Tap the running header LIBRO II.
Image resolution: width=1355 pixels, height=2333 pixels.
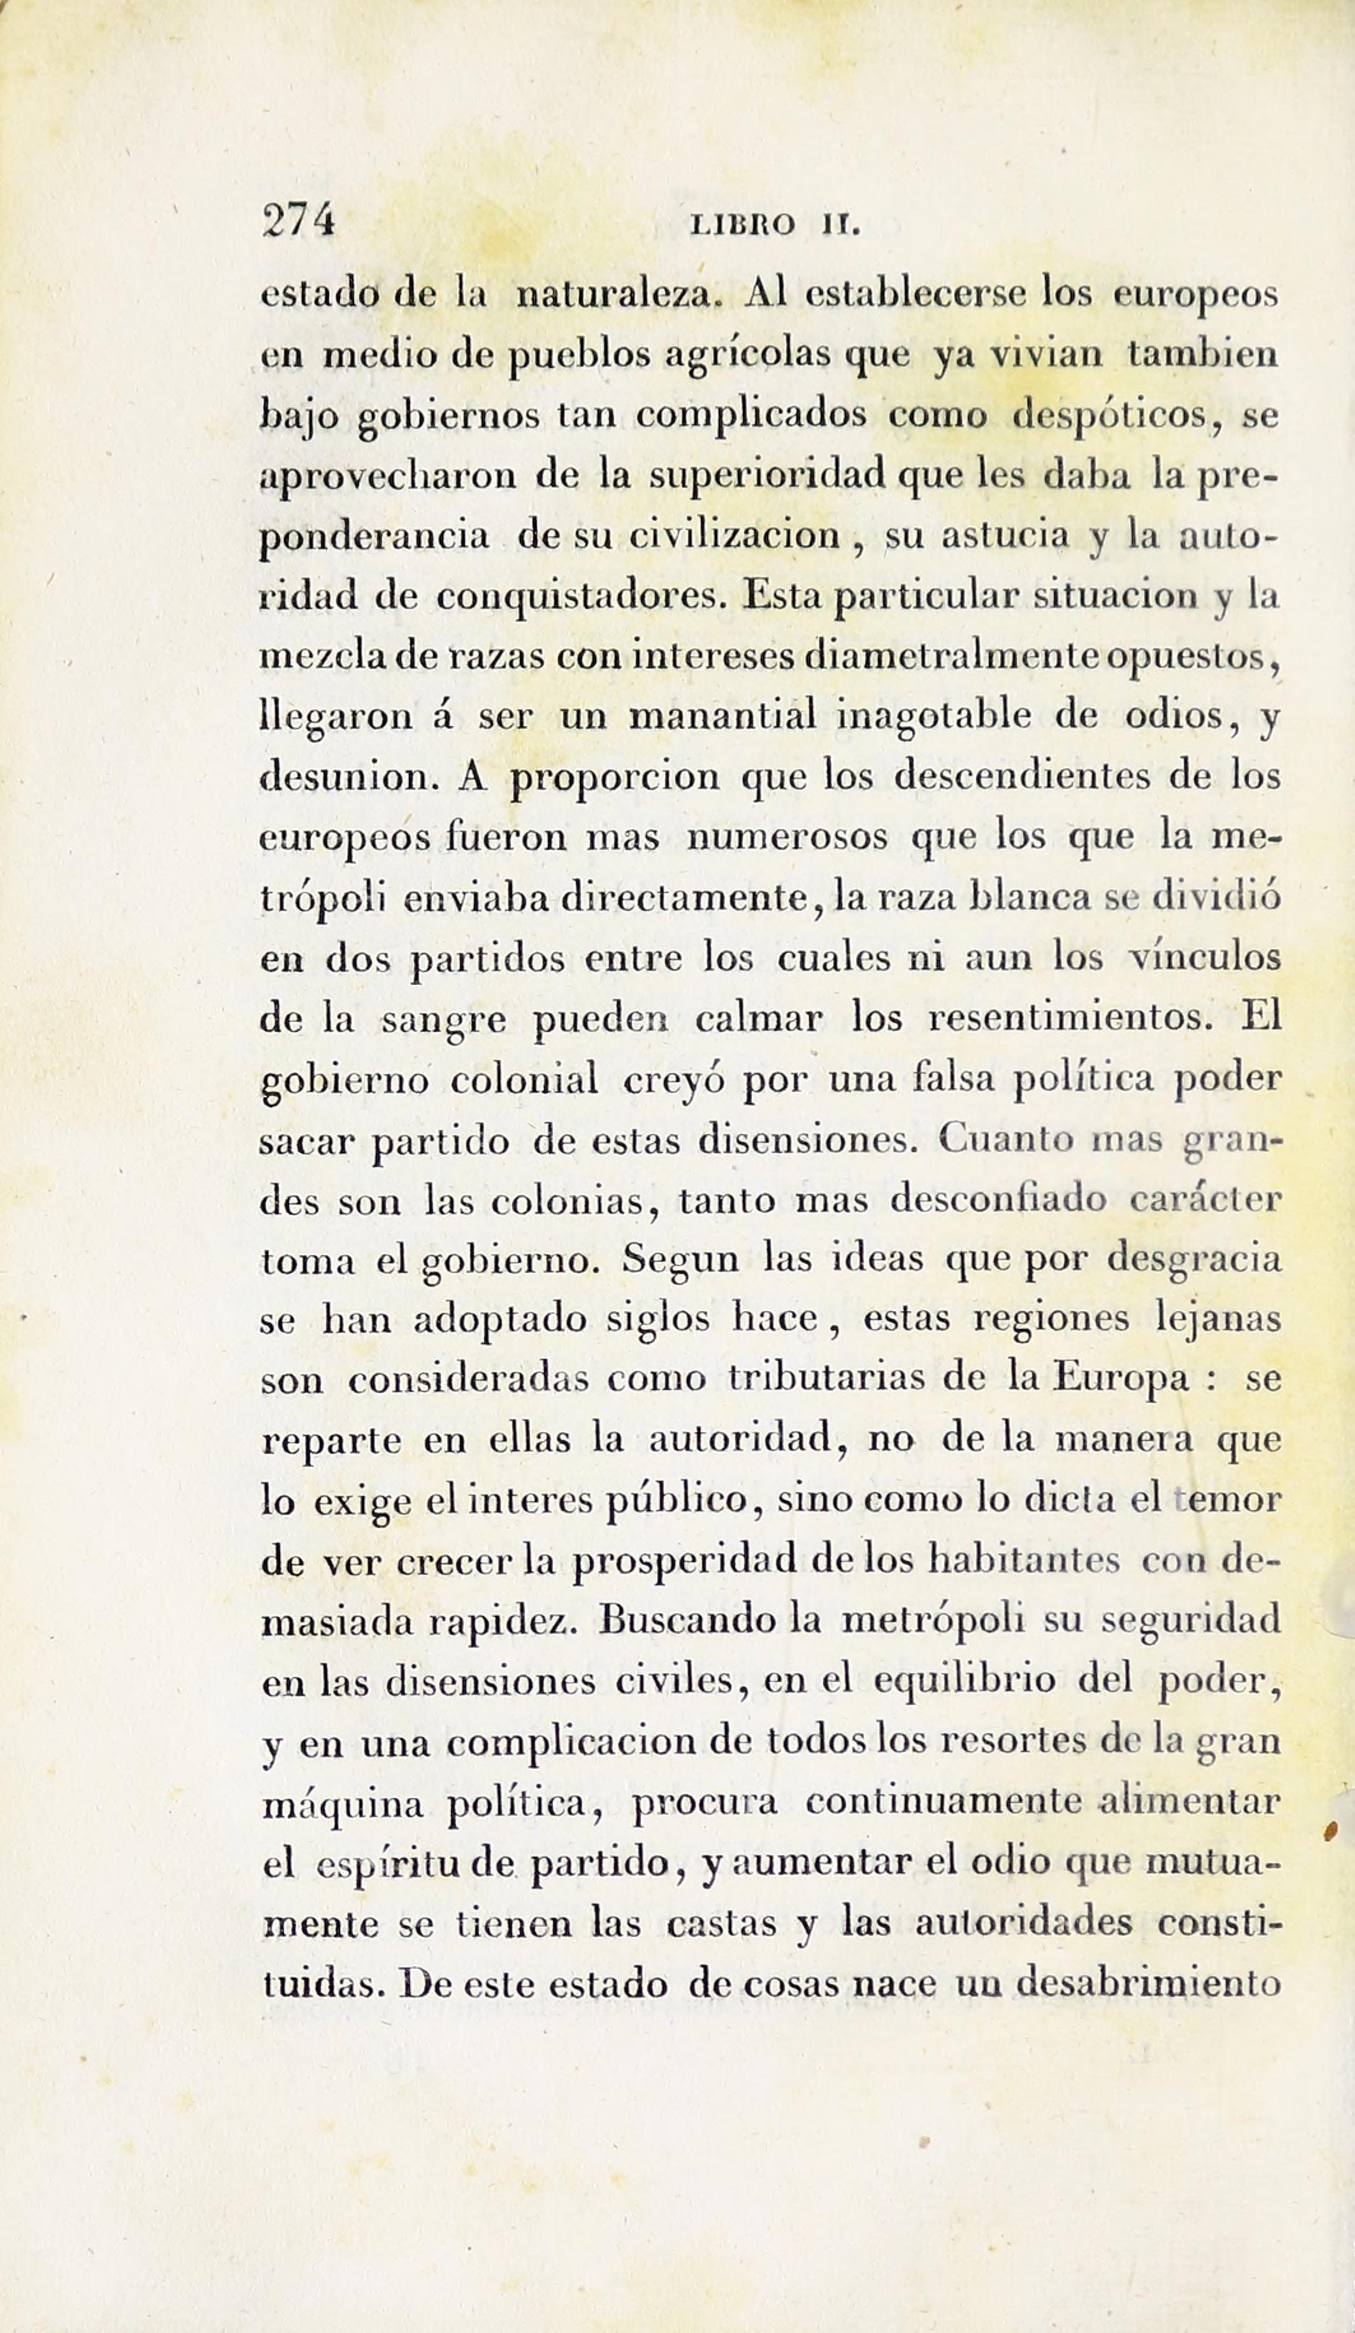[x=776, y=226]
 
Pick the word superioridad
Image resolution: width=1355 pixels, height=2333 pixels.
[x=771, y=478]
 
